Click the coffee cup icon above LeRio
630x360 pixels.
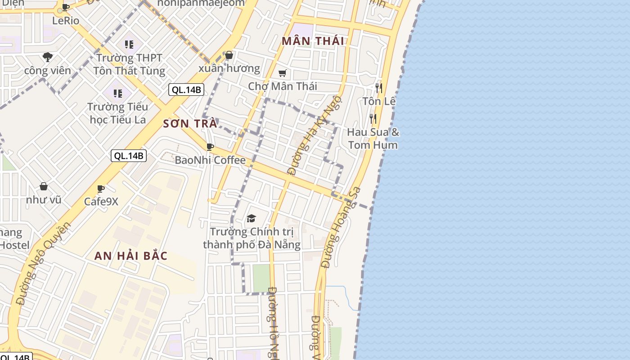66,7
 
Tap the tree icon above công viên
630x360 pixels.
48,57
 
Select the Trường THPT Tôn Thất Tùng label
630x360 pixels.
129,64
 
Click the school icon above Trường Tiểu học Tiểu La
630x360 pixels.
118,94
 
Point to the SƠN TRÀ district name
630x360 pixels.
190,124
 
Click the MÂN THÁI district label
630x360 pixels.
313,41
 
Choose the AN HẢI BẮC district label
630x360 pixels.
131,256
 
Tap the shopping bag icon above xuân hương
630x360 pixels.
229,55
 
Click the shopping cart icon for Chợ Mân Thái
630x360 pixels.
283,73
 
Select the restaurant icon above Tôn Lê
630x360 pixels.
379,88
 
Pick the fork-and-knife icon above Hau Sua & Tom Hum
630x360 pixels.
373,119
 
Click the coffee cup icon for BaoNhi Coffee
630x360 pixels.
210,147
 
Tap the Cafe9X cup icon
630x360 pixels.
101,188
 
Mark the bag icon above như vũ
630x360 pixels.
44,186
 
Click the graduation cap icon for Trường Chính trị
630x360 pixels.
251,219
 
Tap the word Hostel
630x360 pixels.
15,245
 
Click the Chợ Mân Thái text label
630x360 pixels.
283,86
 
